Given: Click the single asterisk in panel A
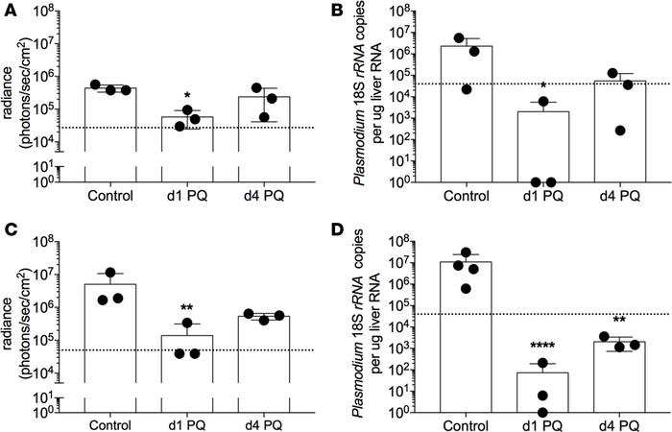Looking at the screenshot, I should coord(181,97).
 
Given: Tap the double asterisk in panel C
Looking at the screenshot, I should coord(181,309).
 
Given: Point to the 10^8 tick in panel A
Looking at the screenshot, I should coord(59,12).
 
